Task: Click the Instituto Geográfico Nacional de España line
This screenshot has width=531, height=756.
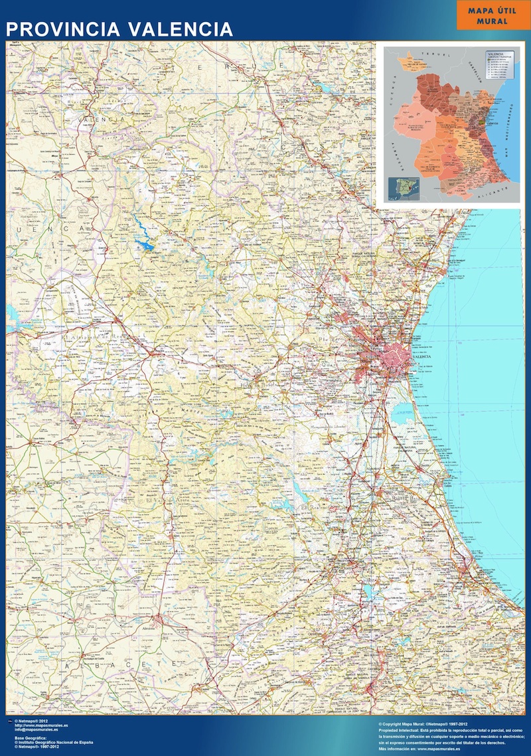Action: pyautogui.click(x=54, y=741)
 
